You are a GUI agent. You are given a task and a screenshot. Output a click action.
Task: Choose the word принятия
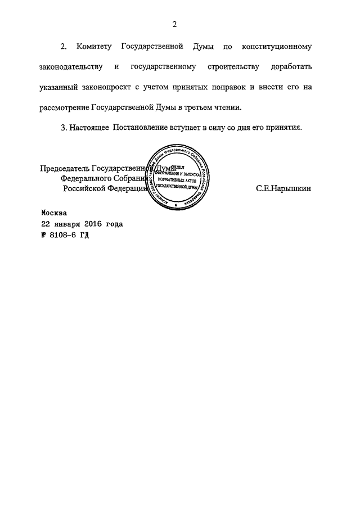284,127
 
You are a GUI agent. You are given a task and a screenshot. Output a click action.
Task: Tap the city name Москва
54,213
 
